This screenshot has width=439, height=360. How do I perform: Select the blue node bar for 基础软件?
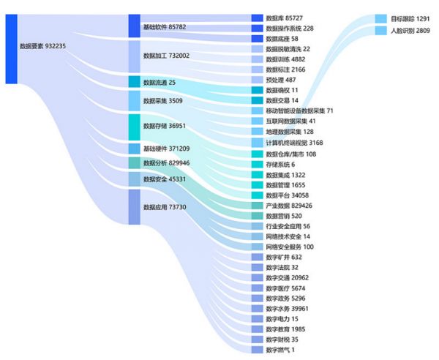(134, 26)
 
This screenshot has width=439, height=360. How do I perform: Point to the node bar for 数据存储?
(134, 127)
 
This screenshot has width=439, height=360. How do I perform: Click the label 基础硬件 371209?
(166, 149)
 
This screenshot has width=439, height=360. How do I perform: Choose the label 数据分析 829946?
(166, 163)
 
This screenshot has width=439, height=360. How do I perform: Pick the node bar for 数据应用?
(134, 207)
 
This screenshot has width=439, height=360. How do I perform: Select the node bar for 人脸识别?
(380, 31)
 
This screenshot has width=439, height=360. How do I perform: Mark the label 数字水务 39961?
(291, 308)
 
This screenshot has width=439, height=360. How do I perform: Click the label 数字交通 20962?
(291, 277)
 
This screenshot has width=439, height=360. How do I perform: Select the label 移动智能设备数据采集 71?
(299, 110)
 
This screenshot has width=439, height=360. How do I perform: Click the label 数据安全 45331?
(164, 179)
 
